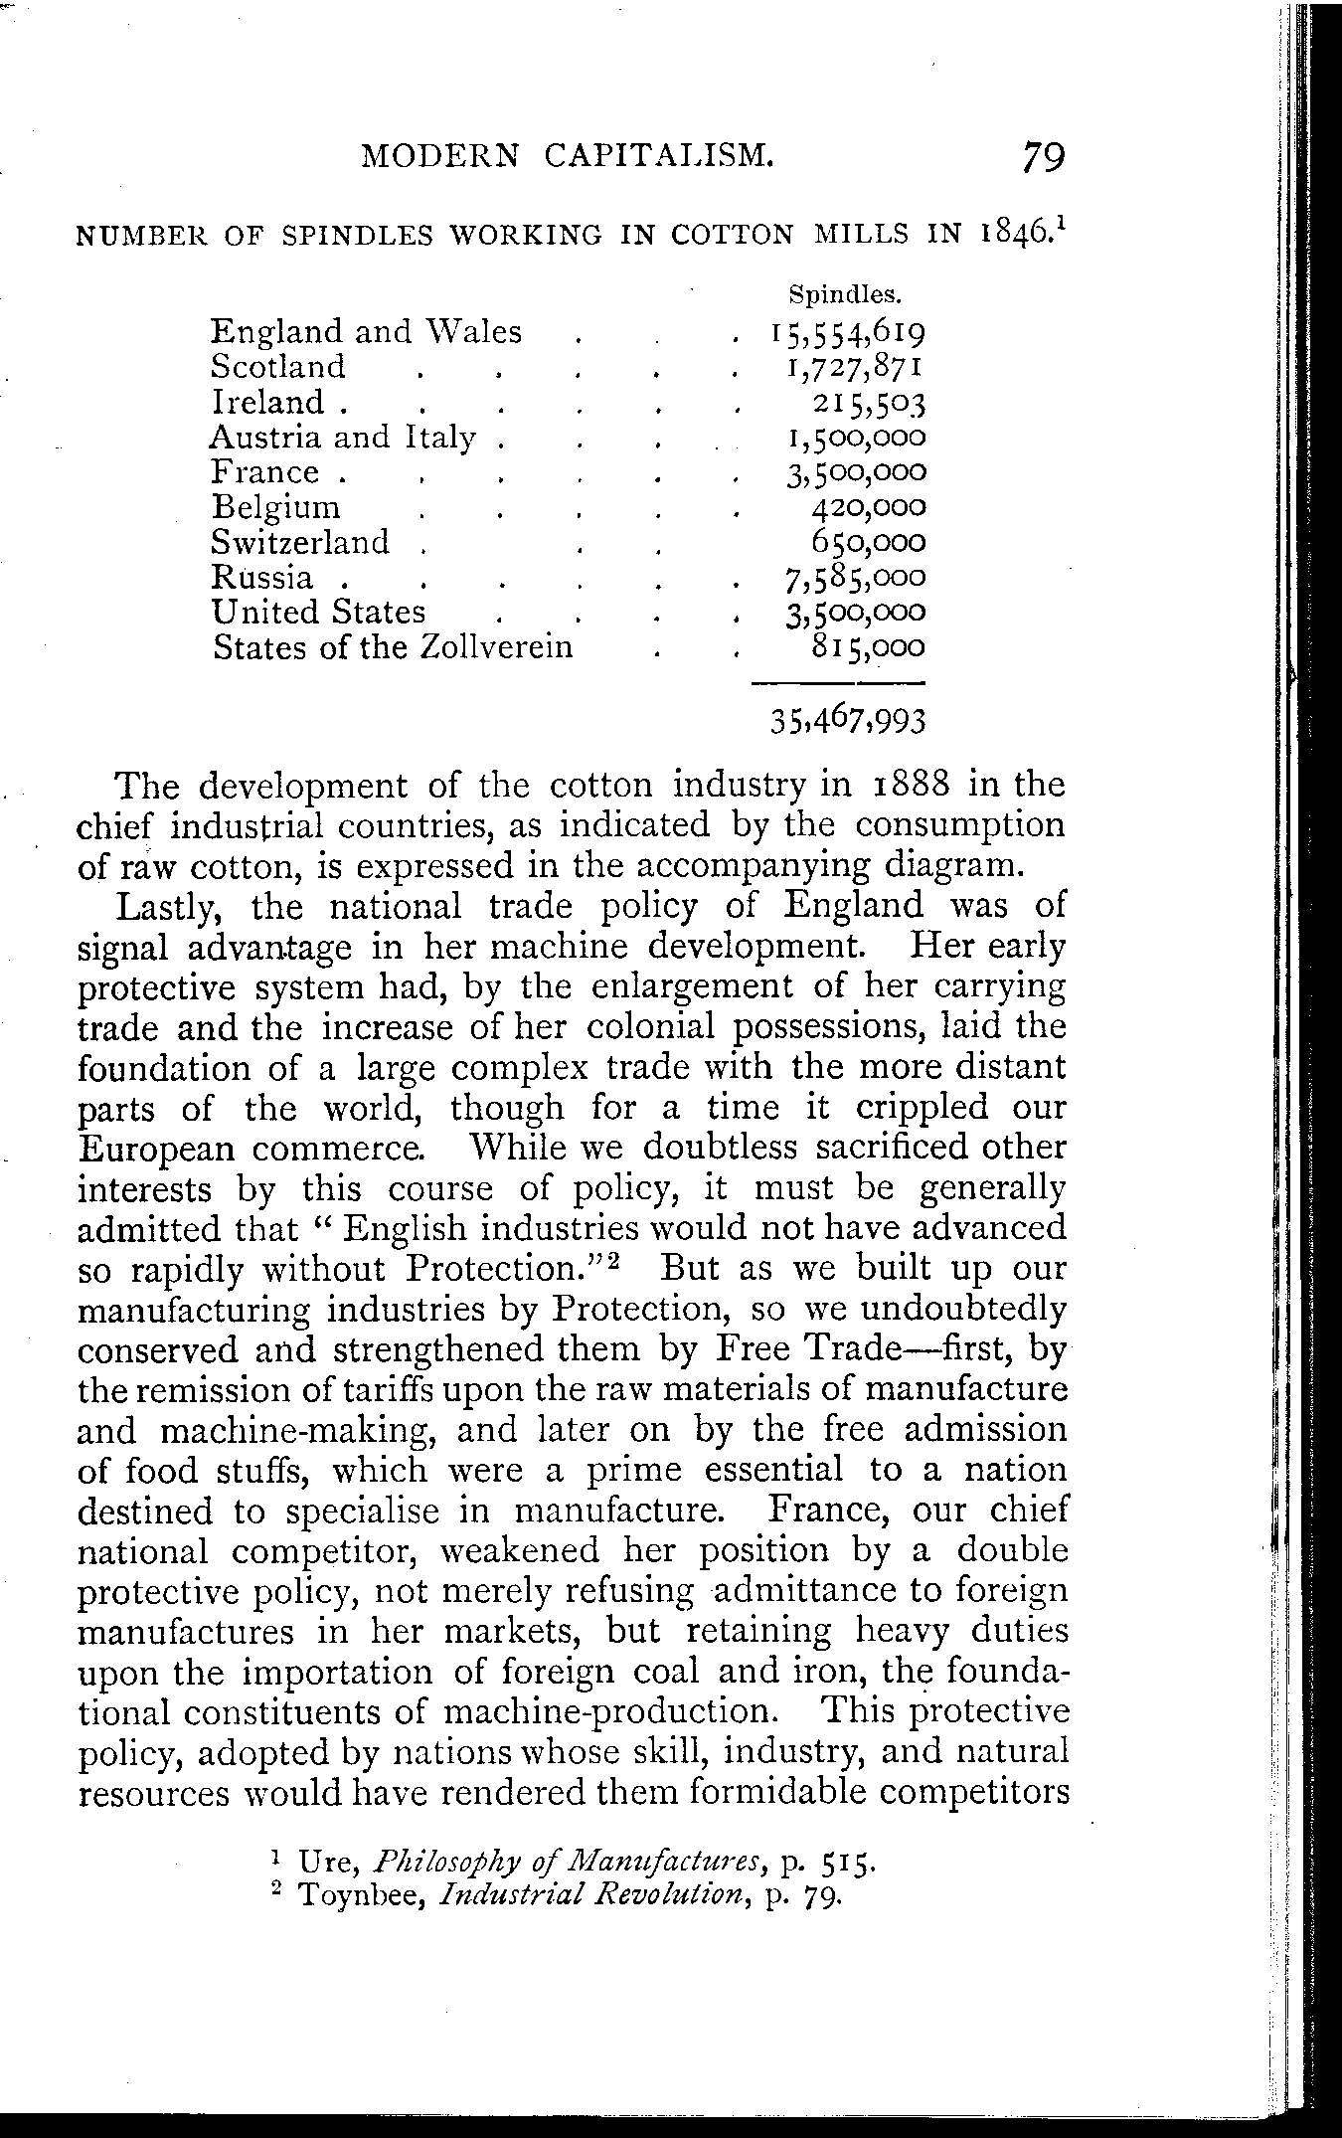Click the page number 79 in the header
point(1041,158)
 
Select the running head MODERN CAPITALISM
point(567,156)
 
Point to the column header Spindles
point(844,295)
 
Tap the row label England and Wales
point(366,331)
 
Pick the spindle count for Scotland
point(854,367)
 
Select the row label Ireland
point(268,402)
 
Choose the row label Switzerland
point(301,542)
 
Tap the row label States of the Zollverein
point(394,647)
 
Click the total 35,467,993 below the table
point(848,720)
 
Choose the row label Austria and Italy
point(344,438)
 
